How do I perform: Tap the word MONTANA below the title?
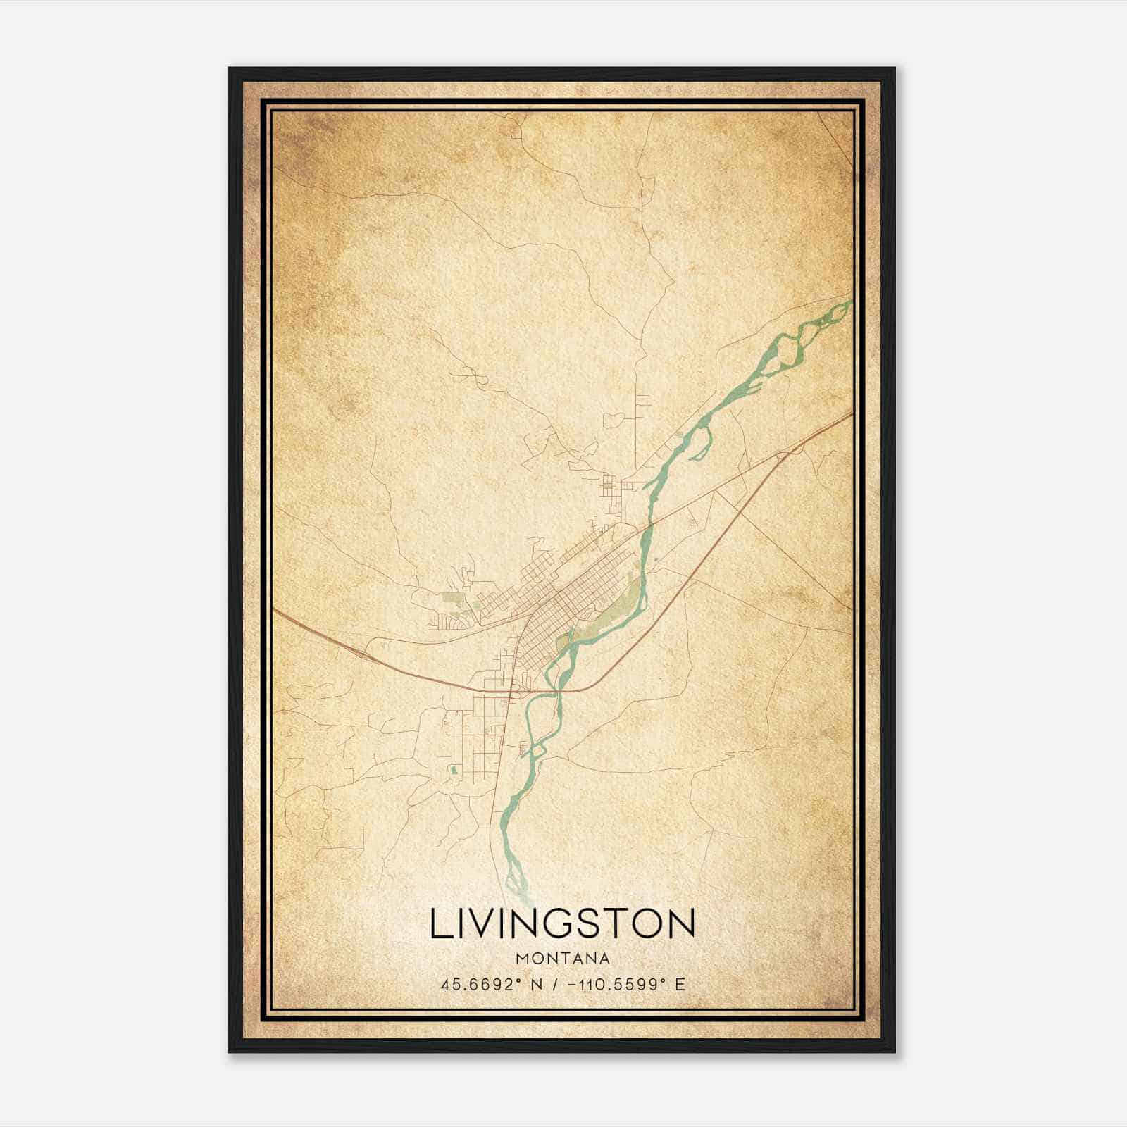563,959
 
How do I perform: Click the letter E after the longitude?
680,984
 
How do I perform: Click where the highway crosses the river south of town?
559,691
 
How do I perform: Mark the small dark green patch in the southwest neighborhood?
454,773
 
